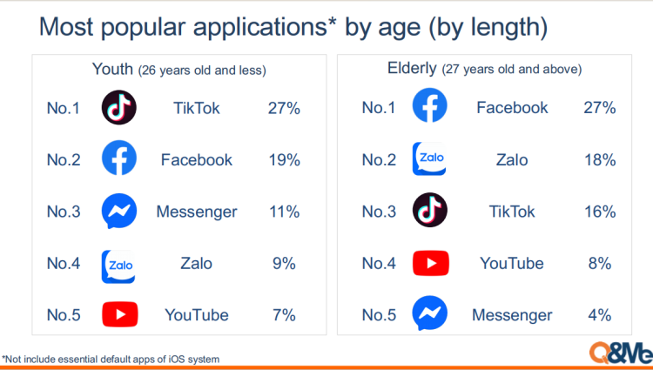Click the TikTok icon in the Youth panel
(119, 107)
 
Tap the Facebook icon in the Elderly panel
(430, 104)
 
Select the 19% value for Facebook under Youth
(284, 160)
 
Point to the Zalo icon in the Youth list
(118, 266)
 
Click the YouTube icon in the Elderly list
(431, 263)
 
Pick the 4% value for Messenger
(600, 315)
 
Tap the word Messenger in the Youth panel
(197, 212)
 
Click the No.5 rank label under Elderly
(379, 315)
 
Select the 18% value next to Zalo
(600, 160)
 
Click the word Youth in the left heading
(112, 69)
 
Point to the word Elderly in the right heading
(412, 68)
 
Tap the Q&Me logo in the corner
(621, 353)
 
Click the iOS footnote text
(111, 360)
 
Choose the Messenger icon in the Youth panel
(119, 211)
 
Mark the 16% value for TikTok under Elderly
(600, 212)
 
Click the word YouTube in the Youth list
(197, 315)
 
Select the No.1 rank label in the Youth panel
(63, 108)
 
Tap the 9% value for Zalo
(284, 264)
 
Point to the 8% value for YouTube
(600, 264)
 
